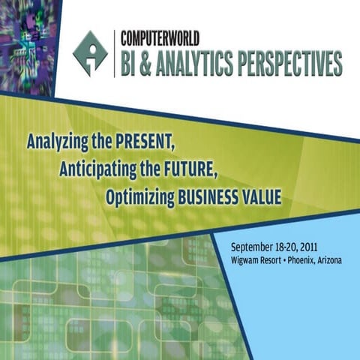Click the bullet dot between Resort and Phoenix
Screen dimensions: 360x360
(290, 259)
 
